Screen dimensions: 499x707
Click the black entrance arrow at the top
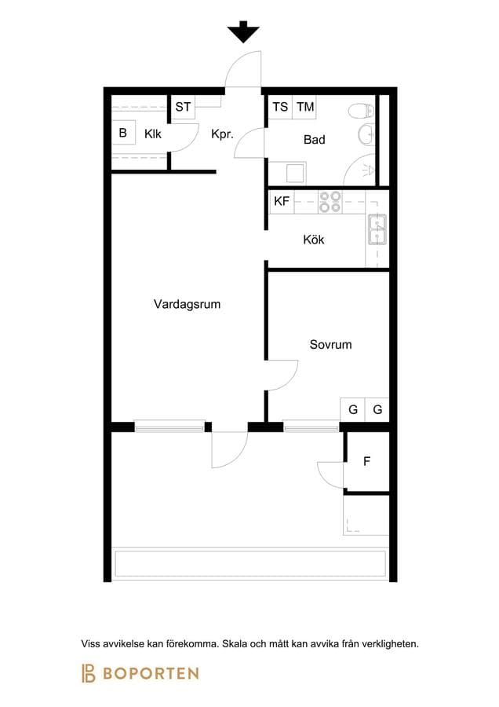[243, 32]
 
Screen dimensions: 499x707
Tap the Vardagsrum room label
[187, 304]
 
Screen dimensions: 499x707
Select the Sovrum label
[330, 345]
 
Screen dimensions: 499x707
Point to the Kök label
[314, 239]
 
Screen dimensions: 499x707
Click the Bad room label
[315, 139]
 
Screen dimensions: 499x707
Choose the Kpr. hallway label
[223, 134]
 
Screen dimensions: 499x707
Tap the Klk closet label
[153, 134]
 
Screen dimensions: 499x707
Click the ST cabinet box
[183, 107]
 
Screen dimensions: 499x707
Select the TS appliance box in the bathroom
[280, 107]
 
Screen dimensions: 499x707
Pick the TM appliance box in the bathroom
[305, 107]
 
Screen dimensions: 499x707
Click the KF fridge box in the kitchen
[282, 201]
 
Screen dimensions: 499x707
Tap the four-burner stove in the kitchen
[330, 202]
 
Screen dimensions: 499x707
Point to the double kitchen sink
[377, 229]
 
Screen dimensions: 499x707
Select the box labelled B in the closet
[123, 133]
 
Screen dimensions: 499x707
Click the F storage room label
[366, 461]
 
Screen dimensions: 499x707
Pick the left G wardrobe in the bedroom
[353, 409]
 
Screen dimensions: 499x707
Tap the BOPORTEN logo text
[151, 674]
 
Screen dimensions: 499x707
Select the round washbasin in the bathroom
[366, 134]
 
